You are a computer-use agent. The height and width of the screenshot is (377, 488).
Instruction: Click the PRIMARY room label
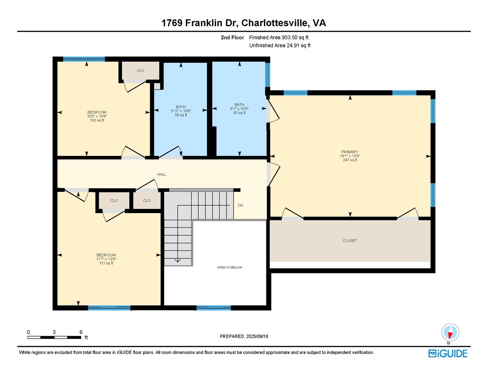[350, 152]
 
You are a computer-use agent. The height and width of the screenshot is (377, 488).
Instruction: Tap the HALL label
[161, 174]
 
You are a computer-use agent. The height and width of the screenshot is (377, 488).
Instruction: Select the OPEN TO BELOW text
[229, 267]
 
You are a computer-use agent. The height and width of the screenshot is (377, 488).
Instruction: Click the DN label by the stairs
[240, 205]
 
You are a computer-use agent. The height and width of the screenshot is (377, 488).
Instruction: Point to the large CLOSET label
[350, 241]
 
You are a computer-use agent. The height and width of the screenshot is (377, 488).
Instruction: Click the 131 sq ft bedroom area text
[106, 263]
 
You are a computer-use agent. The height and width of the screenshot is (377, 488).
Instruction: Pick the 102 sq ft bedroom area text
[97, 120]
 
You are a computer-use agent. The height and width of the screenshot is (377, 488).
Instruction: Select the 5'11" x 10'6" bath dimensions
[181, 111]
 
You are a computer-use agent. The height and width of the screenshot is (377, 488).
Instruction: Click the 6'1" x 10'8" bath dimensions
[239, 108]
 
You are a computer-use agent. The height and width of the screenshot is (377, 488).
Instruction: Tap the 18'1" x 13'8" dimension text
[350, 156]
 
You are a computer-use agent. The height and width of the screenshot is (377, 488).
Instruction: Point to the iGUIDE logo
[448, 353]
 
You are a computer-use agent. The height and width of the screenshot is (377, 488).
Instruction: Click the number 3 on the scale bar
[54, 332]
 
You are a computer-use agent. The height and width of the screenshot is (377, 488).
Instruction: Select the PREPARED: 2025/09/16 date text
[244, 336]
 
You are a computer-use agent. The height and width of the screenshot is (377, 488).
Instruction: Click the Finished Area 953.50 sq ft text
[279, 38]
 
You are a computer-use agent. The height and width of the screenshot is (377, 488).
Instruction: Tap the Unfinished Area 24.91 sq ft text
[280, 45]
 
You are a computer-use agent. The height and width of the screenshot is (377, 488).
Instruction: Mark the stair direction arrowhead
[178, 261]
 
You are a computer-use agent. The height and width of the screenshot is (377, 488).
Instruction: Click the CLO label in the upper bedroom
[140, 70]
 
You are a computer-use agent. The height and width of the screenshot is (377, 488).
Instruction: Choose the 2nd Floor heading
[232, 38]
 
